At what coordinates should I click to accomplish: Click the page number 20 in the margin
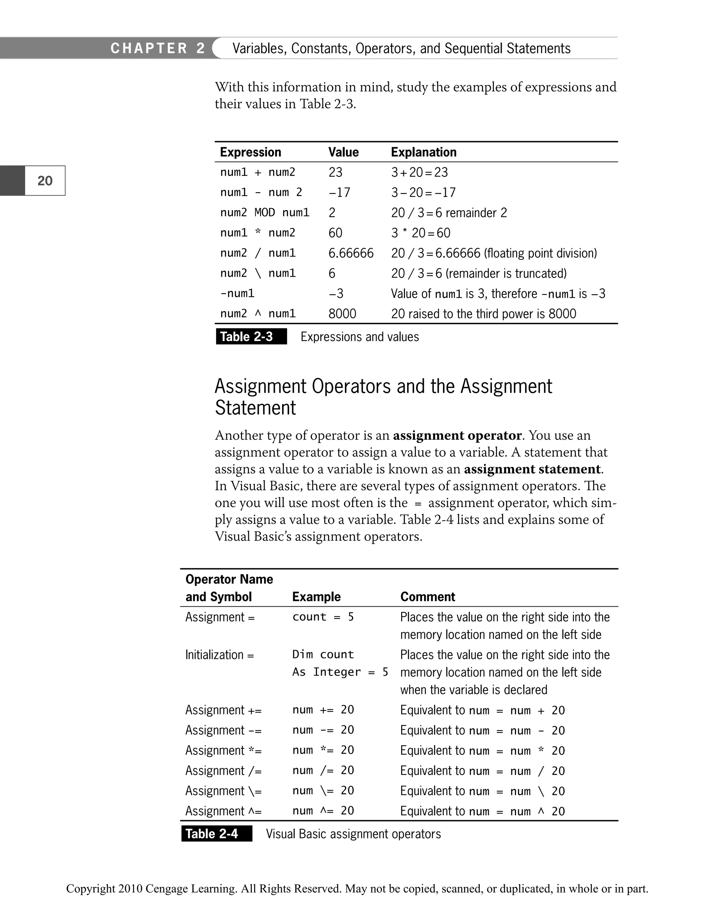tap(45, 181)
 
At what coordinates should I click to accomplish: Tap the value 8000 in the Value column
tap(342, 313)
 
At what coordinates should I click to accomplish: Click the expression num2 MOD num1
tap(264, 212)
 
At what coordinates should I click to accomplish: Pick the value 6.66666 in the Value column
tap(351, 253)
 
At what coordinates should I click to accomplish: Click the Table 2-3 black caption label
tap(251, 336)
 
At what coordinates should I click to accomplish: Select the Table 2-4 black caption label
tap(216, 833)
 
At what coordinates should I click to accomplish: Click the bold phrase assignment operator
tap(457, 435)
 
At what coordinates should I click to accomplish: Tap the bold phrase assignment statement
tap(532, 469)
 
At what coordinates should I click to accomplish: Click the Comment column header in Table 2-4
tap(427, 596)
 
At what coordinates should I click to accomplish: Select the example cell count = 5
tap(323, 617)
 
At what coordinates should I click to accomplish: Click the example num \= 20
tap(323, 790)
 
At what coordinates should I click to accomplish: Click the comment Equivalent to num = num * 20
tap(482, 750)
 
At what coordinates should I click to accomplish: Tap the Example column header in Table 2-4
tap(316, 596)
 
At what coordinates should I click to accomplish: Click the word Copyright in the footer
tap(91, 888)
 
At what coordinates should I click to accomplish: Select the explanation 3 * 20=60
tap(420, 233)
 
